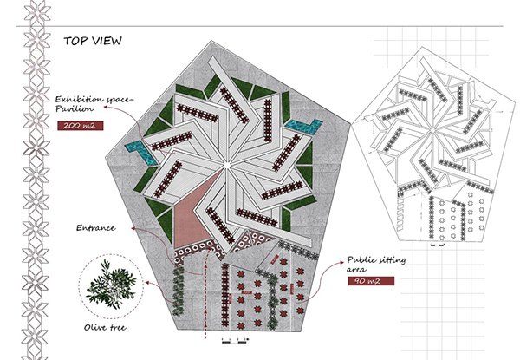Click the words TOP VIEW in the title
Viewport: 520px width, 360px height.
point(94,40)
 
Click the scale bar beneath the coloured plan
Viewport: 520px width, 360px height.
point(231,339)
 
